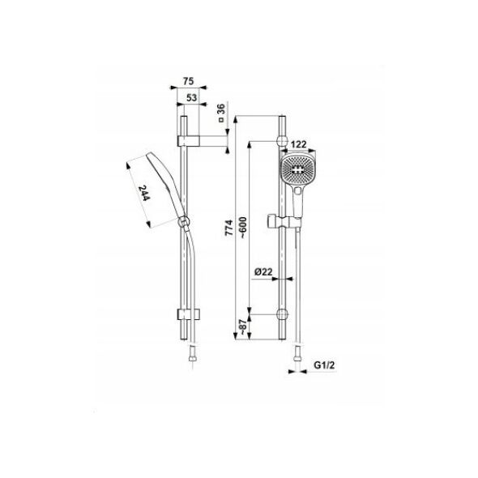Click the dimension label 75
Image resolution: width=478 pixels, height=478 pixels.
189,81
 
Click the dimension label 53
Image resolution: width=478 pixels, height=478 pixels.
191,98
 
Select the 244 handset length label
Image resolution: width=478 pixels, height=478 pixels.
144,194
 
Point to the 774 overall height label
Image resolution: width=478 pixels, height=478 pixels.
228,228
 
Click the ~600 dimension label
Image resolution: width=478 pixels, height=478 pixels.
243,228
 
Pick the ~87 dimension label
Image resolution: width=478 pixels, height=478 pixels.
243,327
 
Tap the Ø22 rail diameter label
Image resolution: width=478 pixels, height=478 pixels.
263,271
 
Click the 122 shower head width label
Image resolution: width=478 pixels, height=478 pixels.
298,144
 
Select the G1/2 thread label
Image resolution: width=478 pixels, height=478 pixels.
324,365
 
